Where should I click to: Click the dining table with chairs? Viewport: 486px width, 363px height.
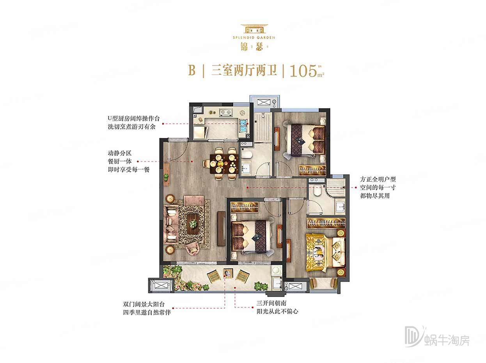[221, 164]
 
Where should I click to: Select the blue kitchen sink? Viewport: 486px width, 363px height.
[244, 124]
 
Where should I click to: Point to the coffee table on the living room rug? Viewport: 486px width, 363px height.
[193, 224]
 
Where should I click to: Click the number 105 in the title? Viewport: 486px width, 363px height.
[303, 71]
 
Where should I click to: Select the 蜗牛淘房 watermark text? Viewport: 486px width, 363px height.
[447, 340]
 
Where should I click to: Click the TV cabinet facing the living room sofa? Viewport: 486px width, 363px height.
[221, 228]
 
